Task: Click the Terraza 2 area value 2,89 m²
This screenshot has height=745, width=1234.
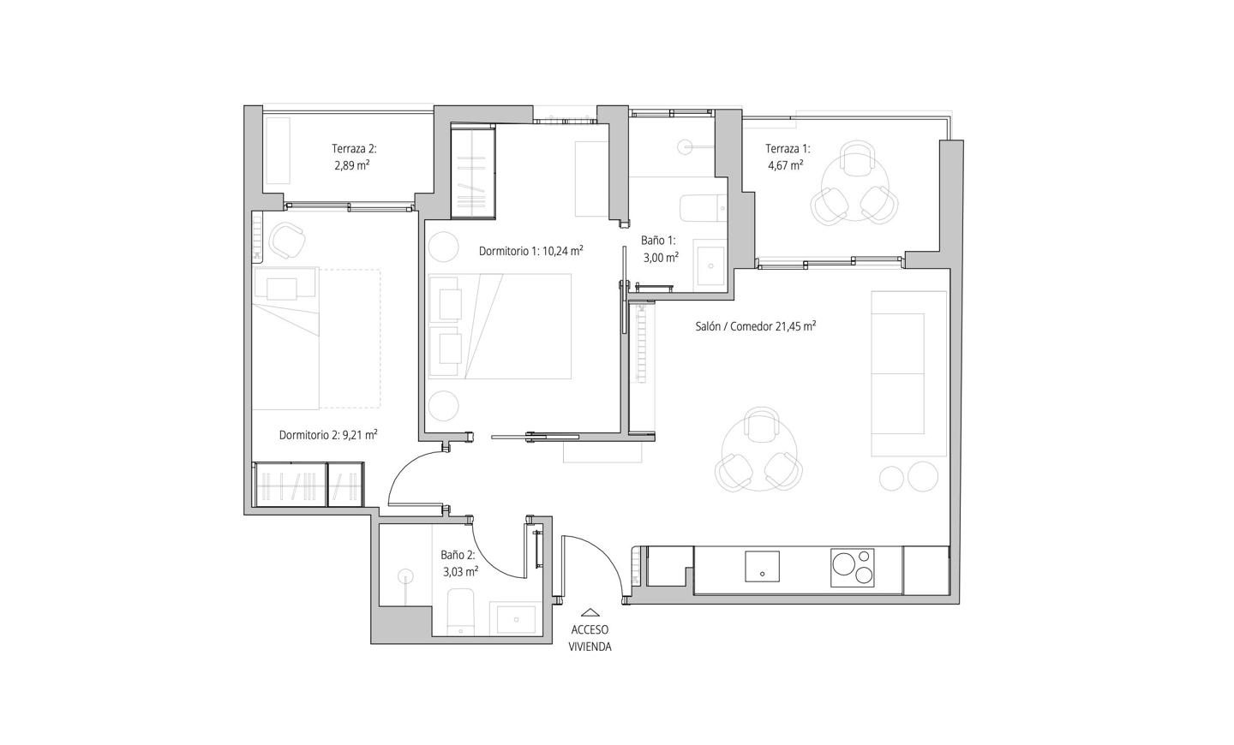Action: (351, 165)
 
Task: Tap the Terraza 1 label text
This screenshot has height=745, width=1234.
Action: (788, 149)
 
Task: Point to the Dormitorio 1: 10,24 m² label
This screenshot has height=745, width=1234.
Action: (531, 251)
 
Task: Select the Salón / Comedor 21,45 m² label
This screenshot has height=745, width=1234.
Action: (755, 326)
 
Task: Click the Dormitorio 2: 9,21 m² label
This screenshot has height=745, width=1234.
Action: (327, 435)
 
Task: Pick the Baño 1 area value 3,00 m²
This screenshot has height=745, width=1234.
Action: (661, 257)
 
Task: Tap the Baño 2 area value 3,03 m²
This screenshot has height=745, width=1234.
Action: (460, 571)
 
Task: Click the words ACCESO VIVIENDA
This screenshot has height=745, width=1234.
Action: (590, 638)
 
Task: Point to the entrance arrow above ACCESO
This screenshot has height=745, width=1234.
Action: (590, 611)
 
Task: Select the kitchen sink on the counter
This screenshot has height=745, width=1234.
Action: (763, 567)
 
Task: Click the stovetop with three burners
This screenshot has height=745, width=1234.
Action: (853, 568)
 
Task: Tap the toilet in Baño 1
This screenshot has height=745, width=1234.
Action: (704, 209)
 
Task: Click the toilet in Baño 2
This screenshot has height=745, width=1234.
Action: (460, 612)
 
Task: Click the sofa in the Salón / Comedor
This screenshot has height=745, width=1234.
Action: (908, 374)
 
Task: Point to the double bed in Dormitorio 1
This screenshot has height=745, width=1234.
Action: (500, 326)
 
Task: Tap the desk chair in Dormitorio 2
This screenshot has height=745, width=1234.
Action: (287, 240)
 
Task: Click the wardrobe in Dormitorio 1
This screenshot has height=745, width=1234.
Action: (473, 171)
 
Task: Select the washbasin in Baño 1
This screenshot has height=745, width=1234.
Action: (710, 265)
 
